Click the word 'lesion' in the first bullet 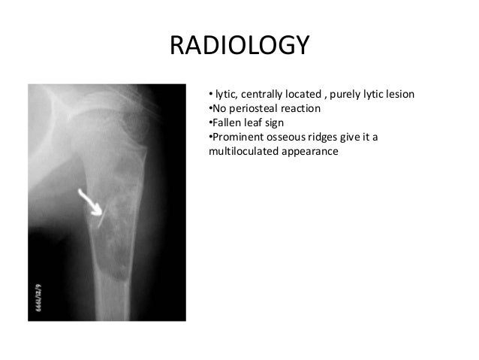399,95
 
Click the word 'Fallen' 226,123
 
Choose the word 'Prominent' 237,137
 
